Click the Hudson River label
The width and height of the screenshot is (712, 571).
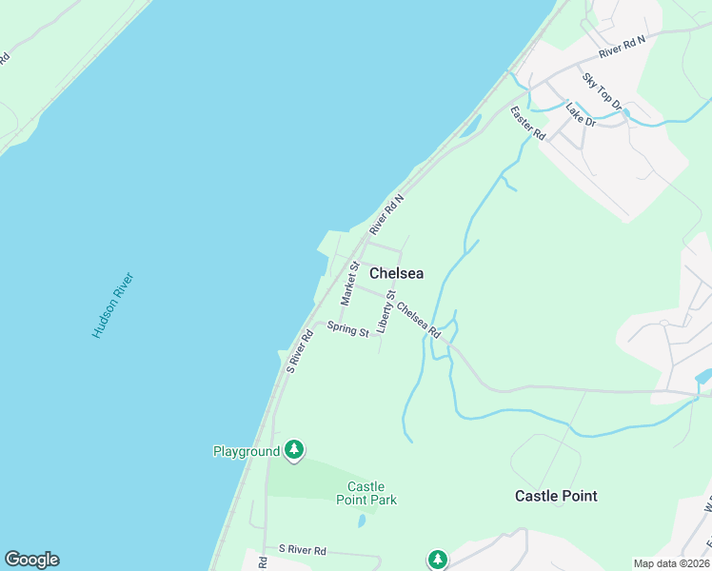point(113,305)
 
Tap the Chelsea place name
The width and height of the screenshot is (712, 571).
point(396,273)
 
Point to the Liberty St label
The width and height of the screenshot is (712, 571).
point(386,312)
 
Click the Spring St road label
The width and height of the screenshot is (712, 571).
point(347,330)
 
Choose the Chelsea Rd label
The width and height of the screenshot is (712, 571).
point(419,320)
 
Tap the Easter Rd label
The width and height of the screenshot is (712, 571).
point(526,124)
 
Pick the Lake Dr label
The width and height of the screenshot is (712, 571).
point(580,115)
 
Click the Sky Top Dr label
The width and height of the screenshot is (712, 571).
point(602,91)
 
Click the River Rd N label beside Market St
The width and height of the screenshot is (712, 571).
point(387,214)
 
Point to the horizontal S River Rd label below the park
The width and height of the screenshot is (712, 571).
point(302,550)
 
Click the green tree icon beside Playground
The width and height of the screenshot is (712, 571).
point(294,450)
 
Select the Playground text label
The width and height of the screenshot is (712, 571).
point(246,451)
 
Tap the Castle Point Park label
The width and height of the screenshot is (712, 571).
point(366,493)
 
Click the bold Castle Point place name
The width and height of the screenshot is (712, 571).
point(556,496)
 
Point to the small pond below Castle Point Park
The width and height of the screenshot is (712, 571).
point(363,521)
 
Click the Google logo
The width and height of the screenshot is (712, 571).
point(31,560)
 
